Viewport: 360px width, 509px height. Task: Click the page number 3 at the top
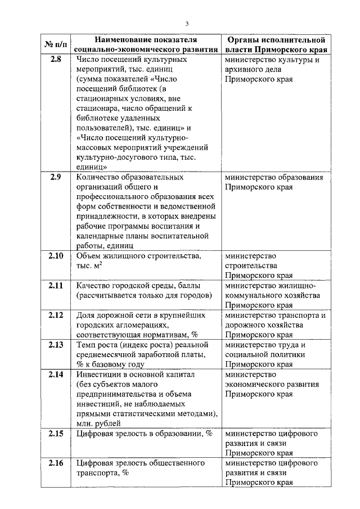coord(187,23)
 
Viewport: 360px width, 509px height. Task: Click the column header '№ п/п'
coord(56,44)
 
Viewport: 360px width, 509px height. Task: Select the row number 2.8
coord(56,60)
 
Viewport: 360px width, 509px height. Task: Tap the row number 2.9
coord(56,178)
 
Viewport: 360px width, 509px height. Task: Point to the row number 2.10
coord(56,256)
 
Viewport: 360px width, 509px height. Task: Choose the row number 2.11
coord(56,285)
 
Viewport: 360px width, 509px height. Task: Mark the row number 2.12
coord(56,315)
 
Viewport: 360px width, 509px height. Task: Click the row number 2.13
coord(56,344)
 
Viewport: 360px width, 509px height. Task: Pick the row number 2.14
coord(56,374)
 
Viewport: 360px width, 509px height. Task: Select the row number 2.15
coord(56,433)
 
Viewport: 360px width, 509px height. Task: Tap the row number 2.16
coord(56,463)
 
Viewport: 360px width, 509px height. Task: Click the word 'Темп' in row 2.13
coord(85,344)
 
